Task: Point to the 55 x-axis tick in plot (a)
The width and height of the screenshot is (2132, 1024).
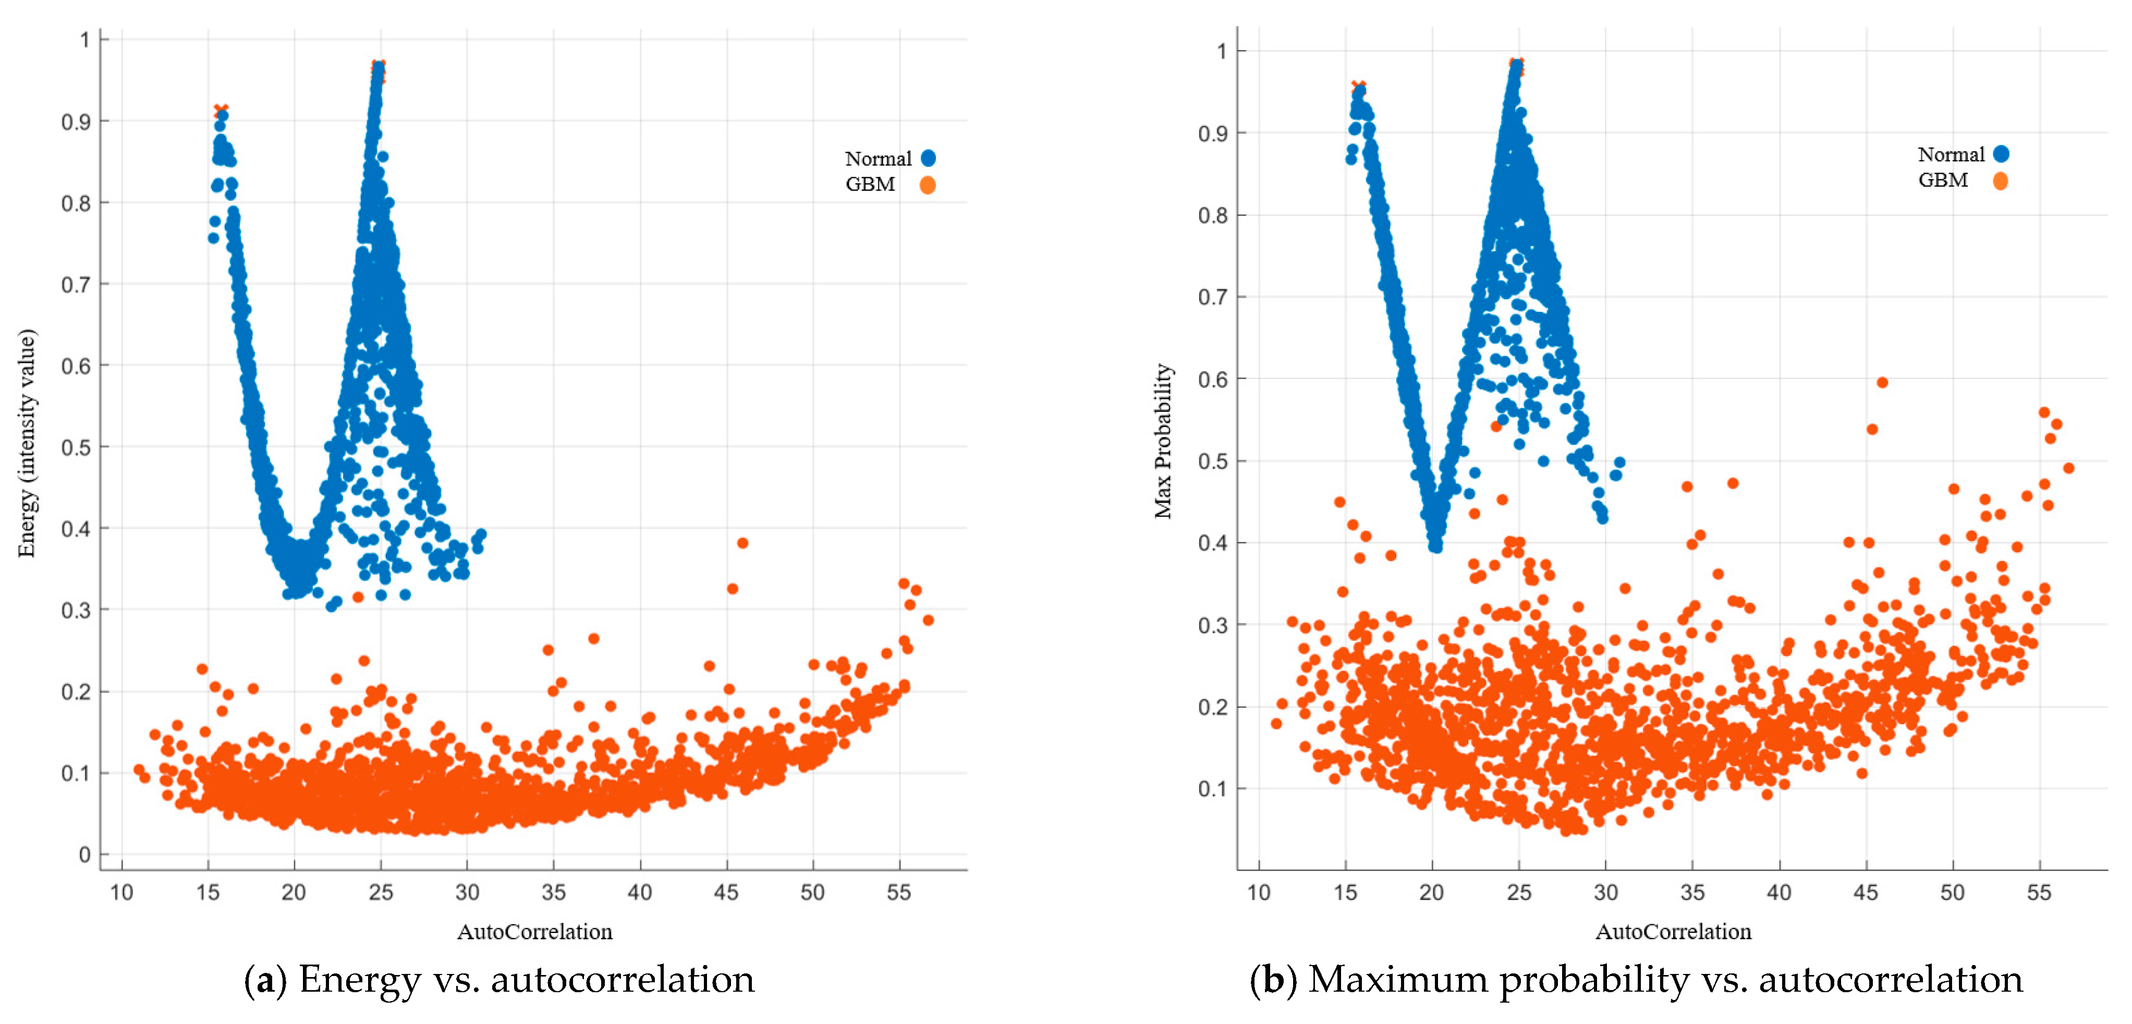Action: tap(899, 893)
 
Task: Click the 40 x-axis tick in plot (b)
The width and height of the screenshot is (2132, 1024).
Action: tap(1778, 893)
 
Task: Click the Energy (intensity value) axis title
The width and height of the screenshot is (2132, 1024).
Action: tap(27, 443)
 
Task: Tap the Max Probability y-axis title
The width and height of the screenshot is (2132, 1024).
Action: tap(1164, 441)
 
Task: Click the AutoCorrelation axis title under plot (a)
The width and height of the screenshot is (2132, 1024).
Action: tap(534, 932)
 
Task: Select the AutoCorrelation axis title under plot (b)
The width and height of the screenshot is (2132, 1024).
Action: tap(1673, 932)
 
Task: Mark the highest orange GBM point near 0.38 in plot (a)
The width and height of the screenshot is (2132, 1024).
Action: tap(742, 543)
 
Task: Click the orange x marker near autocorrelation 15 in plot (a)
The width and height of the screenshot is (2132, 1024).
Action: tap(220, 110)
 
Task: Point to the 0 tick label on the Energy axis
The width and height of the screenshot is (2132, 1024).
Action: tap(84, 855)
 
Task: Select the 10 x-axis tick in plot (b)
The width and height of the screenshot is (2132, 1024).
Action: tap(1259, 893)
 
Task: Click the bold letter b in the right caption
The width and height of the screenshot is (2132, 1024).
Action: tap(1272, 980)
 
